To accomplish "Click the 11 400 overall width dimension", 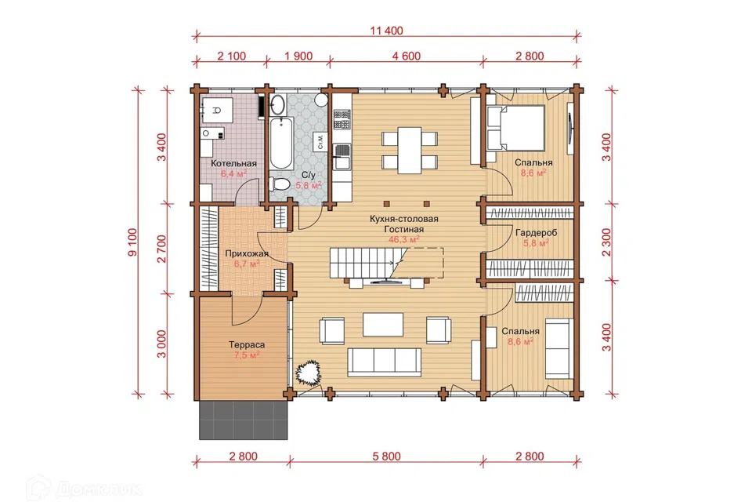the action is tap(386, 31).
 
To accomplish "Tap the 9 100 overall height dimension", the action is tap(133, 242).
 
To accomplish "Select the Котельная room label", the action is tap(234, 163).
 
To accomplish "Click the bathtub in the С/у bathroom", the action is tap(281, 143).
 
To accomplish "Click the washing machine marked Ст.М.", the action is tap(320, 141).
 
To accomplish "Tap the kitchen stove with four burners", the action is tap(342, 119).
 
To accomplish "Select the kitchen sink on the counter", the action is tap(342, 156).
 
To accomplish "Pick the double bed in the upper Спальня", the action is tap(516, 129).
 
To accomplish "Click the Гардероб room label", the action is tap(536, 233).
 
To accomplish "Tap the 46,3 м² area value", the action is tap(404, 238).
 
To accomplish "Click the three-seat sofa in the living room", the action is tap(384, 362).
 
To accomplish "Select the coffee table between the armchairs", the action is tap(383, 325).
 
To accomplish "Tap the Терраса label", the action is tap(247, 345).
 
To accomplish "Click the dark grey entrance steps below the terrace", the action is tap(243, 420).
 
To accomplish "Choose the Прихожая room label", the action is tap(247, 253).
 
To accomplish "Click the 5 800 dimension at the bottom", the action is tap(386, 457).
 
